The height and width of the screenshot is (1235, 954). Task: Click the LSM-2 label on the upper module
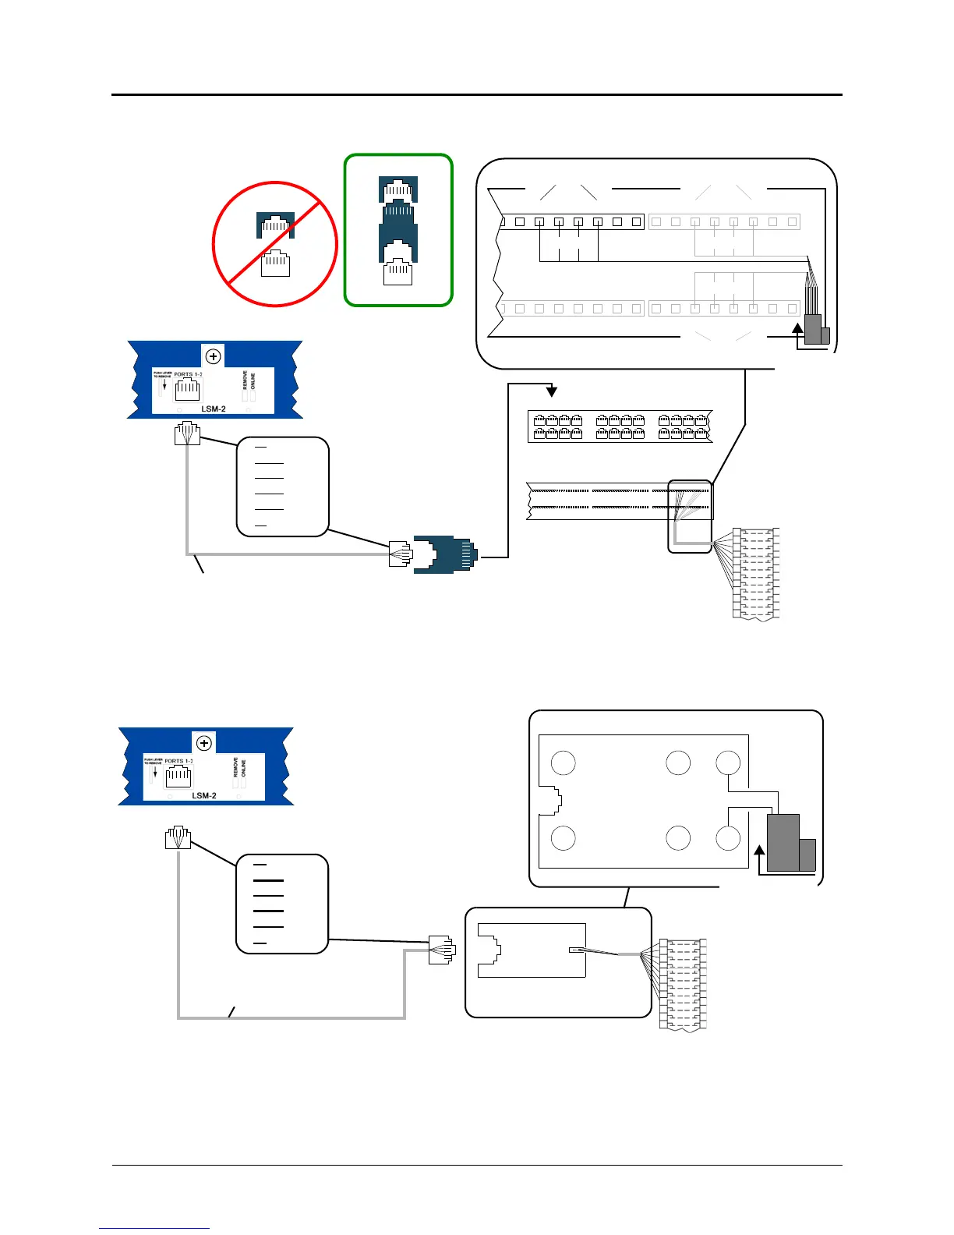coord(213,409)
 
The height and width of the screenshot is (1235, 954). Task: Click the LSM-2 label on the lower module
coord(203,795)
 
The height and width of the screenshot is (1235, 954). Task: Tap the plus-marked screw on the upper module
coord(213,356)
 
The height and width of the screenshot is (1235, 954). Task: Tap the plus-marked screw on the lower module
coord(204,743)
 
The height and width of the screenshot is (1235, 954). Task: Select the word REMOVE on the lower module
coord(236,768)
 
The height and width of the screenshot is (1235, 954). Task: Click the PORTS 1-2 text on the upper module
coord(188,374)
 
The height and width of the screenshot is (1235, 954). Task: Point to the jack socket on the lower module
coord(178,776)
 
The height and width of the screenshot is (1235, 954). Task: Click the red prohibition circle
coord(275,244)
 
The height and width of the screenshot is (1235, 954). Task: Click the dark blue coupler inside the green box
coord(398,225)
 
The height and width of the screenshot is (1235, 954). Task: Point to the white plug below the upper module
coord(188,433)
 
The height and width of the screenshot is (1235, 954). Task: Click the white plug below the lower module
coord(178,837)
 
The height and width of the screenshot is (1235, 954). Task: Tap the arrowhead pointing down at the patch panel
coord(552,390)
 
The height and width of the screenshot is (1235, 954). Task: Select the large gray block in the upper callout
coord(813,329)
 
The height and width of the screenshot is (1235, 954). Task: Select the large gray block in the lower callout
coord(783,842)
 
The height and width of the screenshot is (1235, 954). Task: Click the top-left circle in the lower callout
coord(564,763)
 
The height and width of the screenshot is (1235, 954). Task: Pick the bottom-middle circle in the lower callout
coord(678,838)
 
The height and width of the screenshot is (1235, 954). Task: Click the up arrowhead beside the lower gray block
coord(760,851)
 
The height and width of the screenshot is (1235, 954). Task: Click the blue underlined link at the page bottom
coord(154,1228)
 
